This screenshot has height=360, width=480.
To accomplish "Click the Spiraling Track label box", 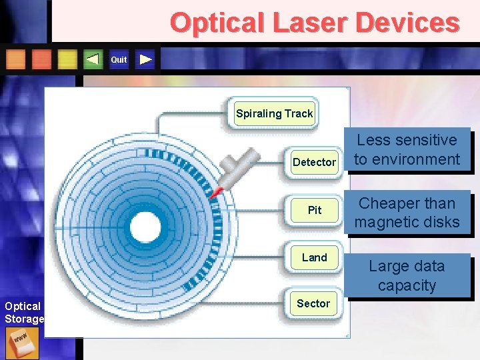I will click(x=274, y=113).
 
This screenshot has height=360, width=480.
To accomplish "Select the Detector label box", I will click(x=314, y=162).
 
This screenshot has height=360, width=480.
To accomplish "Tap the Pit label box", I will click(x=314, y=210).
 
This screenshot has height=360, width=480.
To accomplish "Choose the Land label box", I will click(x=314, y=257).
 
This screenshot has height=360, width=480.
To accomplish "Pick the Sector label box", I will click(x=313, y=304).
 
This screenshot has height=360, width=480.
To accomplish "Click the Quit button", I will click(x=119, y=60).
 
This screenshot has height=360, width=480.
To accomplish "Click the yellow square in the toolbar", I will click(x=67, y=60).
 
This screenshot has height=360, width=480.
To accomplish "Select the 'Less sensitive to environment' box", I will click(x=407, y=150).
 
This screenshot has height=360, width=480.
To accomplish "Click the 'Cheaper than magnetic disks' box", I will click(x=407, y=213).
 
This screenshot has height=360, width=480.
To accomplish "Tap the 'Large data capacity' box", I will click(x=407, y=275).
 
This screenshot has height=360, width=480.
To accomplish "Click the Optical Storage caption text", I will click(x=23, y=313).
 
